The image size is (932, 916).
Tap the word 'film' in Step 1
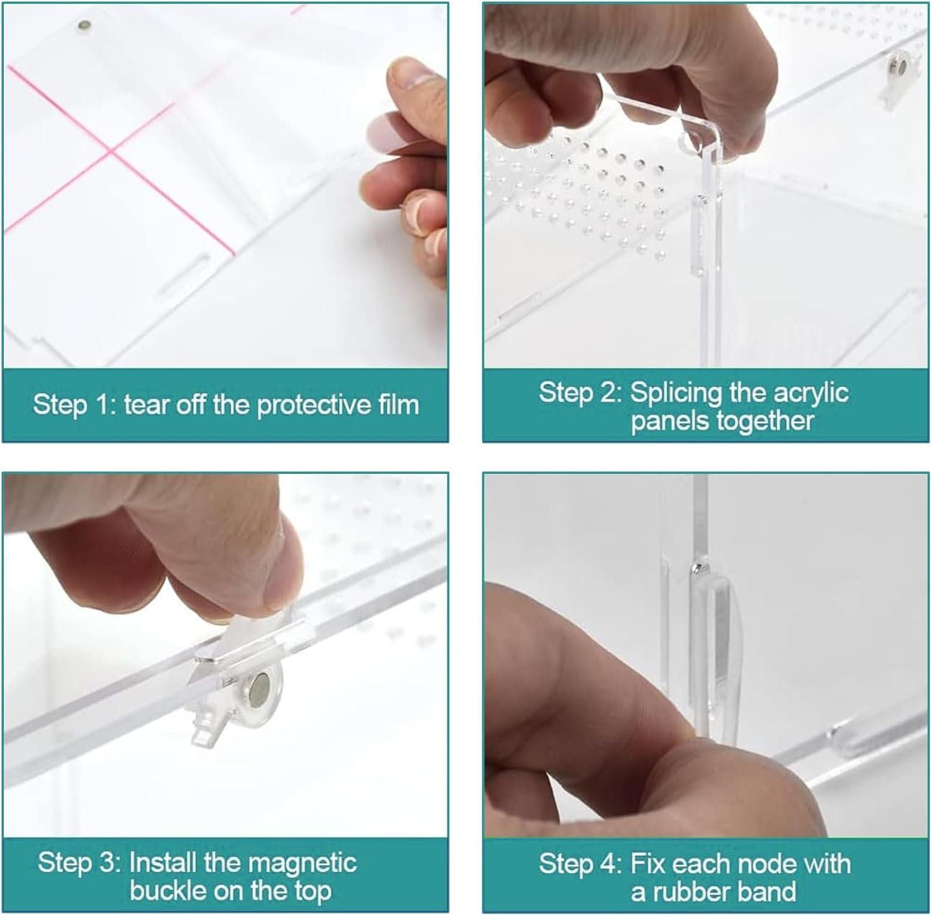click(x=398, y=404)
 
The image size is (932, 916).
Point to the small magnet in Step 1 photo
click(x=85, y=26)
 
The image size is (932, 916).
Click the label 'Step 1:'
click(x=74, y=405)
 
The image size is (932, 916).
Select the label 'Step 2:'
click(x=580, y=392)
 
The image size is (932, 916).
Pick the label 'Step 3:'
click(x=79, y=863)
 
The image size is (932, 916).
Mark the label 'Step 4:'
click(x=580, y=864)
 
